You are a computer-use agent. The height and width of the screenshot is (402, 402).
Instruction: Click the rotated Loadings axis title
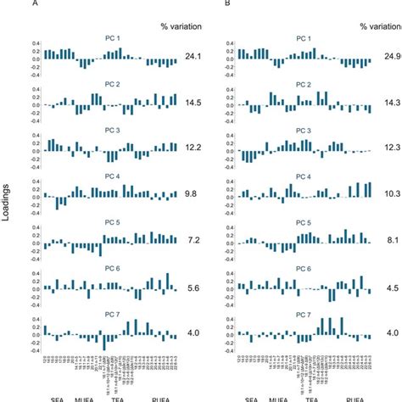(8, 203)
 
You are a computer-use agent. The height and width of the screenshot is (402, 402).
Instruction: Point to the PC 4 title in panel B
(302, 176)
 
